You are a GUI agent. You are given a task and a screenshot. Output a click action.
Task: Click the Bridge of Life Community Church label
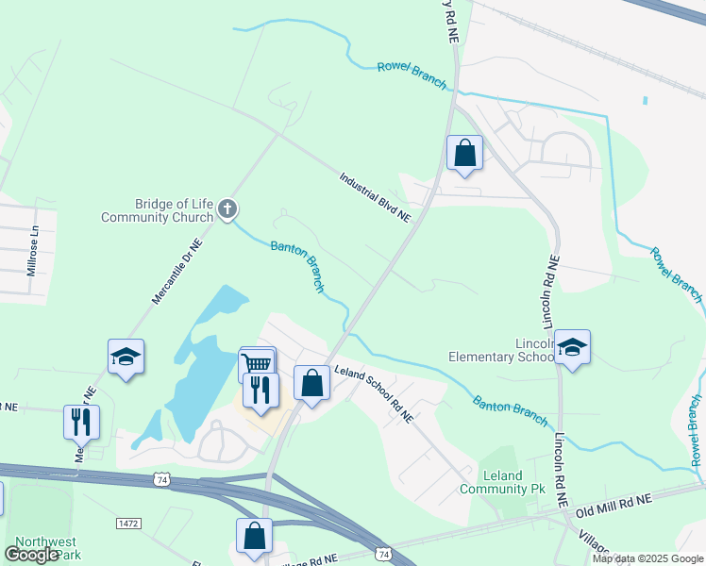pyautogui.click(x=158, y=210)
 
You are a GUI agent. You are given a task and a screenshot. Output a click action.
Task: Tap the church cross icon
pyautogui.click(x=227, y=209)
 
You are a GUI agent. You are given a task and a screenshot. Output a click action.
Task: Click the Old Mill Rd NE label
pyautogui.click(x=614, y=502)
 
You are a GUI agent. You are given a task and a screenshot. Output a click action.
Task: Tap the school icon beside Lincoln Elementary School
pyautogui.click(x=571, y=347)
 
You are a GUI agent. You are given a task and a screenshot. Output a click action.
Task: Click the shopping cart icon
pyautogui.click(x=258, y=363)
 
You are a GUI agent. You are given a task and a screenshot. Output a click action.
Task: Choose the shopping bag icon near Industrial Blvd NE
pyautogui.click(x=464, y=153)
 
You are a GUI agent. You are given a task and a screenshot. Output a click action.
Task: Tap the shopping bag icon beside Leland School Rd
pyautogui.click(x=312, y=383)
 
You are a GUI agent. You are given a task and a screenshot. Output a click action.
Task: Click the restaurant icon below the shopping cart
pyautogui.click(x=259, y=390)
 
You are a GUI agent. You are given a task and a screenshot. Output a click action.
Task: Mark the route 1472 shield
pyautogui.click(x=127, y=522)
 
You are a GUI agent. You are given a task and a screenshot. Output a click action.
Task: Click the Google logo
pyautogui.click(x=31, y=555)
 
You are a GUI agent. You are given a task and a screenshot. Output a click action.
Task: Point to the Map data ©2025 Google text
pyautogui.click(x=647, y=558)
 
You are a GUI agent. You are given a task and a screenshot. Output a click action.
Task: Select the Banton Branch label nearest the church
pyautogui.click(x=298, y=264)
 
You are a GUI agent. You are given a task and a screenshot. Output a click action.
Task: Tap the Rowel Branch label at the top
pyautogui.click(x=412, y=75)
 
